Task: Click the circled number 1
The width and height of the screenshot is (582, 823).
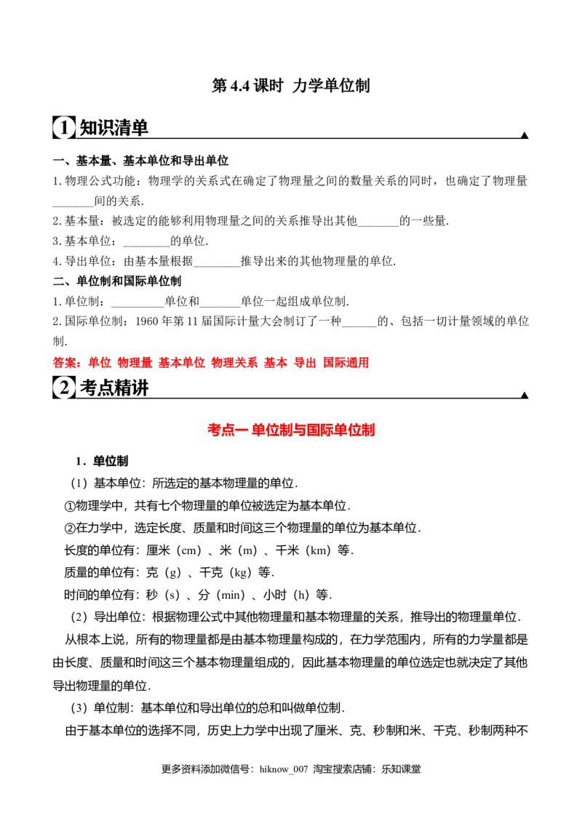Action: coord(63,128)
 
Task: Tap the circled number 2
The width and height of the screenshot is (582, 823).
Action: coord(63,388)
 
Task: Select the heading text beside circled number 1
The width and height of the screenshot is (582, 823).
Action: coord(113,128)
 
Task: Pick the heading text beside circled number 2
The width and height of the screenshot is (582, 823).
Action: coord(113,388)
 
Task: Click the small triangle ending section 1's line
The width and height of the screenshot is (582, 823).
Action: coord(524,134)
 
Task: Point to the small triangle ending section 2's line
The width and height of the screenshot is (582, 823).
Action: coord(524,393)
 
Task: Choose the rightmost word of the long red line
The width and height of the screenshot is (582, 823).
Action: coord(347,362)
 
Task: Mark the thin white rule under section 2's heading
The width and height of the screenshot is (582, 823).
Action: coord(291,399)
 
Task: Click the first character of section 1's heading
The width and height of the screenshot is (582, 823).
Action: coord(87,128)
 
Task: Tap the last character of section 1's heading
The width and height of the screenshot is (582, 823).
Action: coord(140,128)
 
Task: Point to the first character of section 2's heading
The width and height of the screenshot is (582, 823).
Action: coord(87,388)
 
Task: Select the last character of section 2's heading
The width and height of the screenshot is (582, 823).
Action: coord(140,388)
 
